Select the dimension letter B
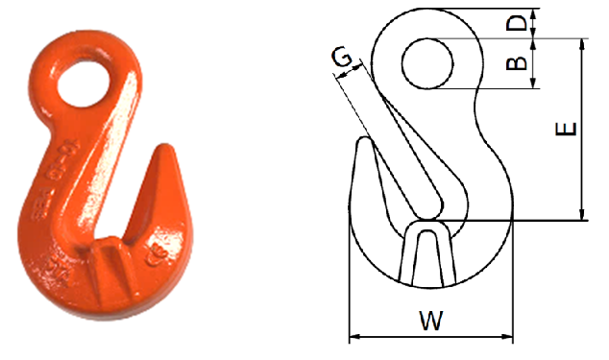coord(517,63)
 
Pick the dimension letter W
coord(431,320)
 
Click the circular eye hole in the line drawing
coord(428,63)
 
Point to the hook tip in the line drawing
coord(363,142)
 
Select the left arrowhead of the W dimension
coord(353,337)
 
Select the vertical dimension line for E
coord(582,130)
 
